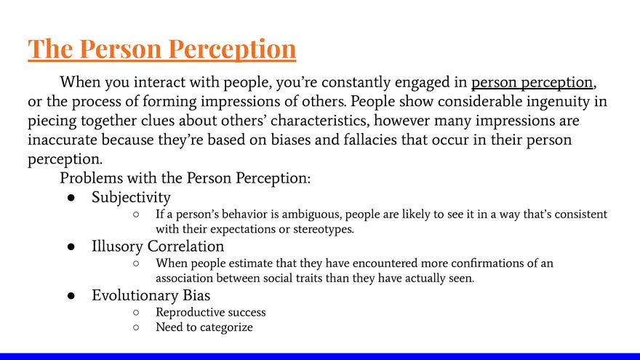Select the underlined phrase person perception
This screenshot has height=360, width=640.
pos(532,81)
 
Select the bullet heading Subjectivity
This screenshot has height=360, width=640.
pos(131,197)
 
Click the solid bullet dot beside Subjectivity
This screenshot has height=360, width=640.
pos(72,197)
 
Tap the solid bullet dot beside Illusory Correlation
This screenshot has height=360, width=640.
pos(72,247)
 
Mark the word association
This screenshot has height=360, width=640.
pos(185,278)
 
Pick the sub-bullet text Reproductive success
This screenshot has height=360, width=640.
pos(211,312)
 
